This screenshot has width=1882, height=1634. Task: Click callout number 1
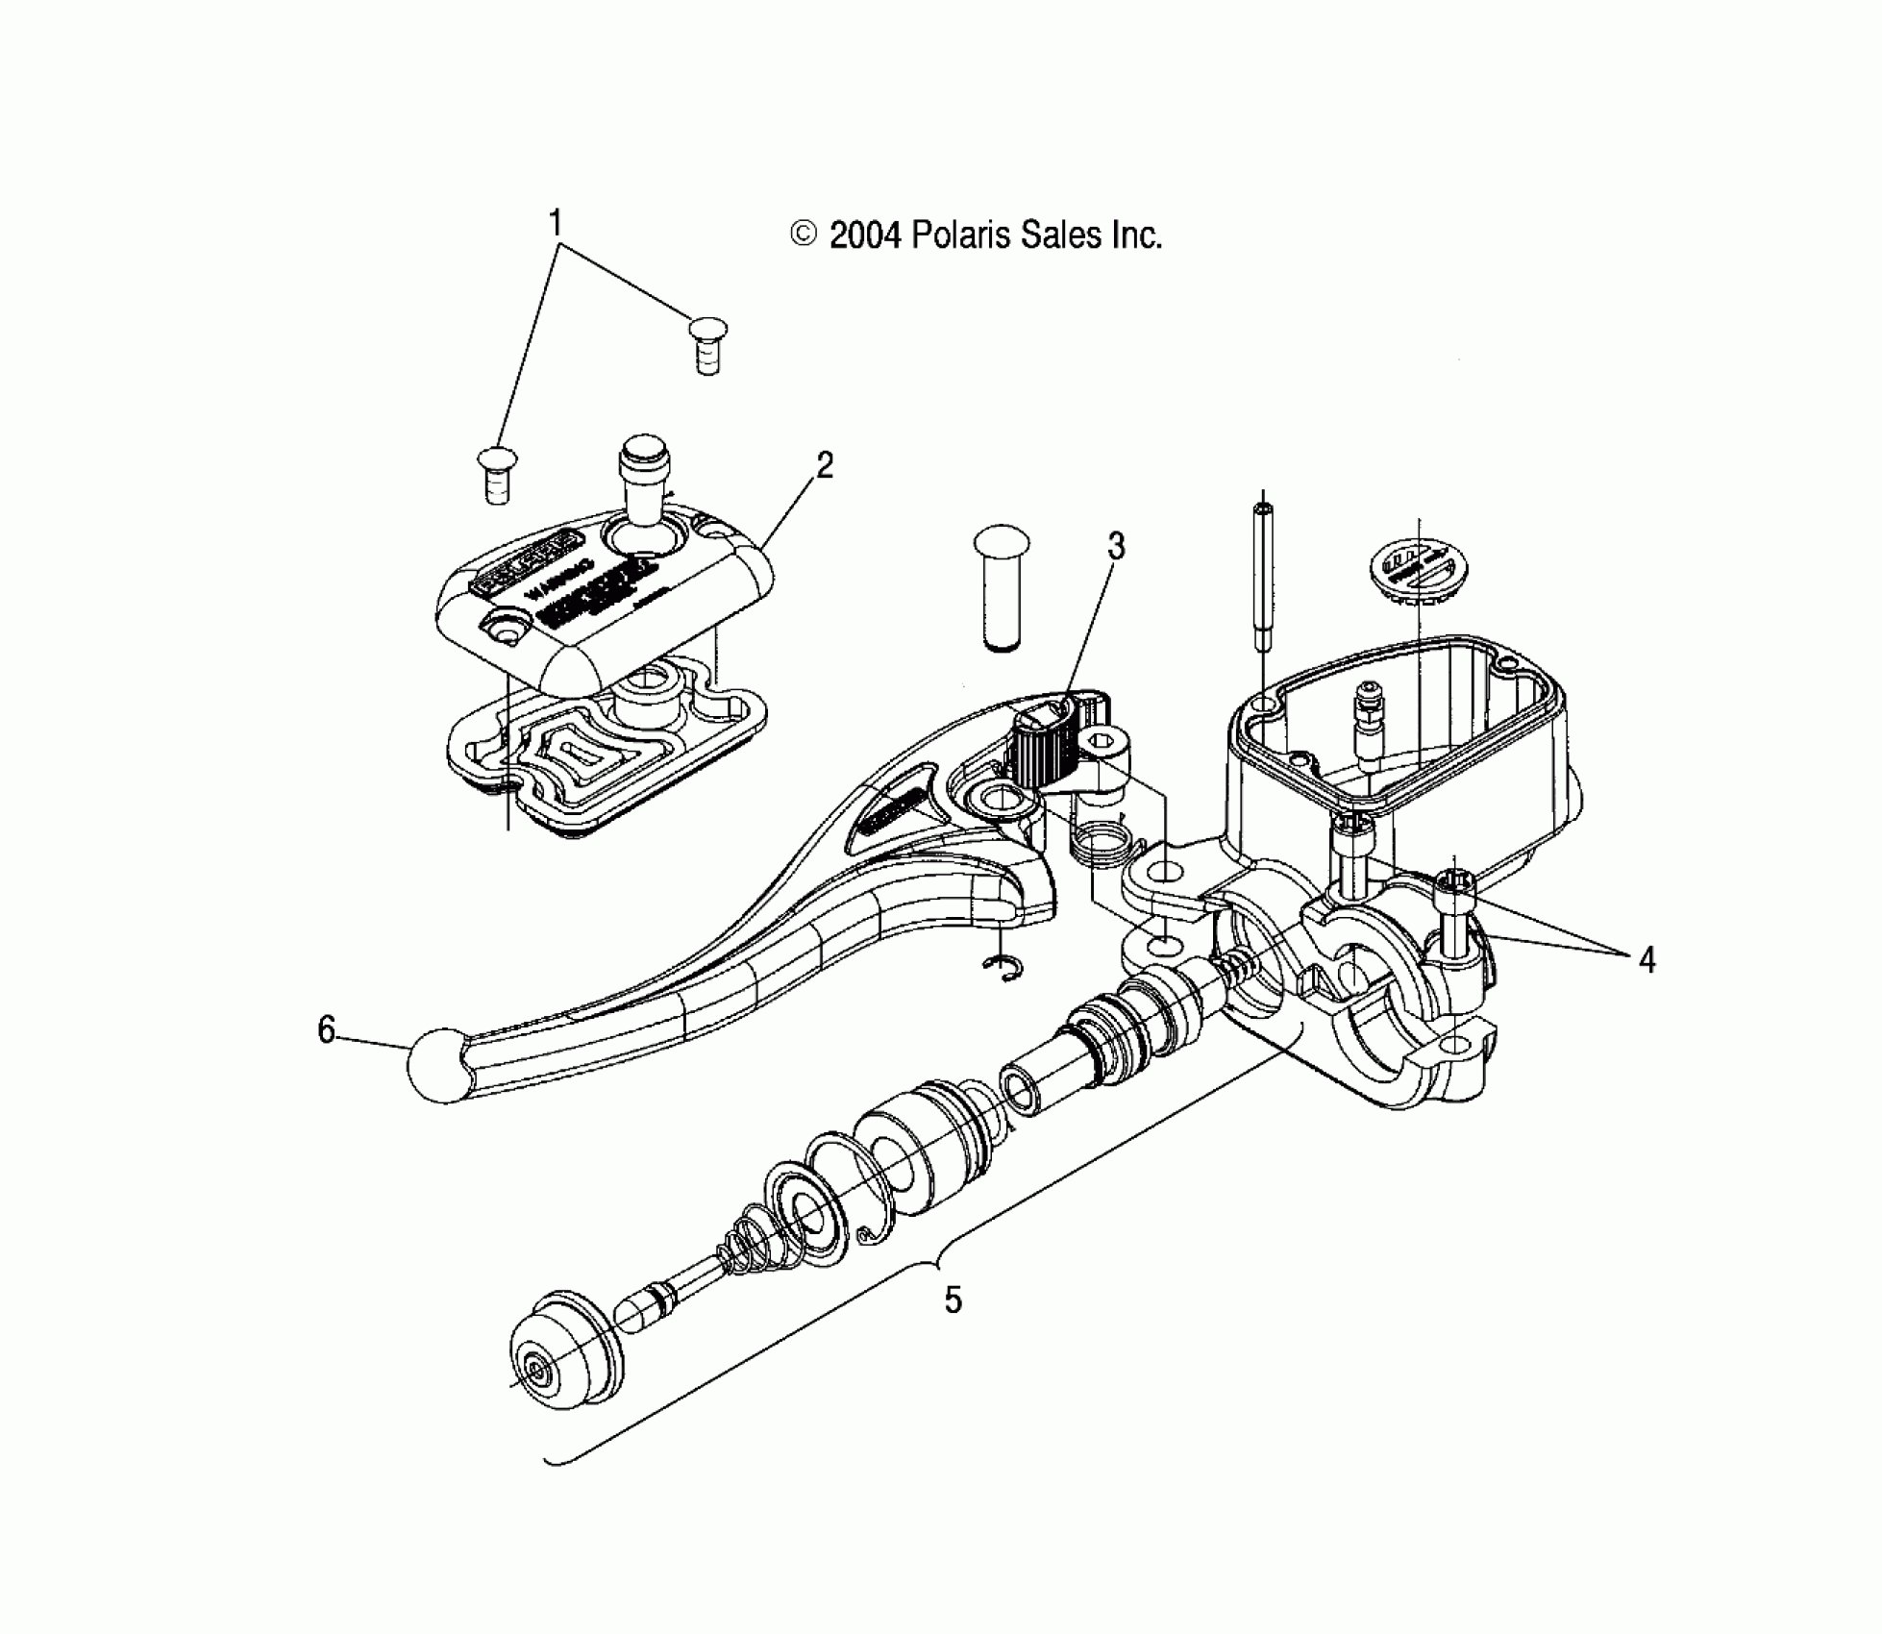tap(555, 223)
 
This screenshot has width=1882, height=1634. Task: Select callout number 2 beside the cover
tap(824, 466)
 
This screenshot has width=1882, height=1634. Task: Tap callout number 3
tap(1115, 547)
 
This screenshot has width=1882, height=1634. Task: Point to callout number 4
tap(1647, 959)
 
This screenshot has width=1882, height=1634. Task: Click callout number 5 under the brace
tap(952, 1300)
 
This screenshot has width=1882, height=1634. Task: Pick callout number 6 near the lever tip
tap(327, 1030)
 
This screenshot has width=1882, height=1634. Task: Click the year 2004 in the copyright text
tap(865, 235)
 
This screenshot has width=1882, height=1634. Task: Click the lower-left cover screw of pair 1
tap(496, 474)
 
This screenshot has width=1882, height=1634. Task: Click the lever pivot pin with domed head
tap(1002, 586)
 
